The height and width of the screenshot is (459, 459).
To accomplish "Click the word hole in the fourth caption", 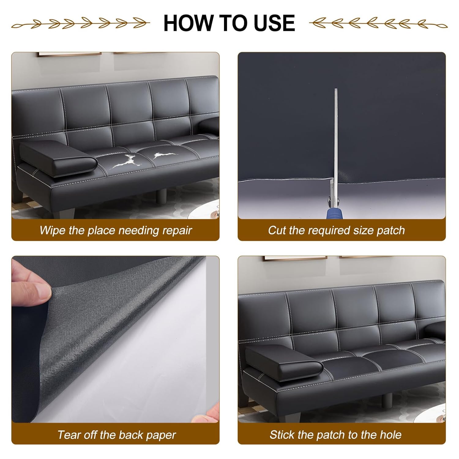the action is pos(390,435).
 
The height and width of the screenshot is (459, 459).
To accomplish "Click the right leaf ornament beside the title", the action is pos(378,23).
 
